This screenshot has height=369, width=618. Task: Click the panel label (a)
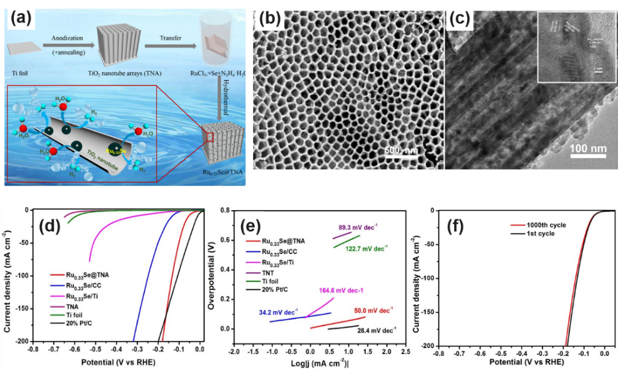click(22, 21)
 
